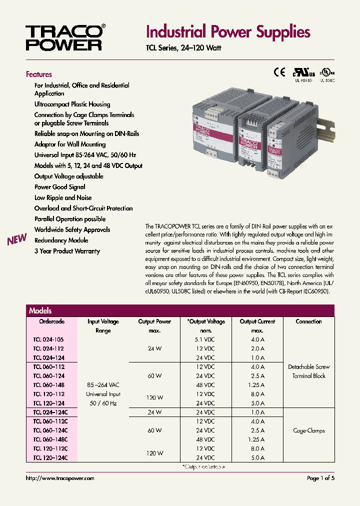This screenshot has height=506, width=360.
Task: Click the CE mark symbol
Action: (278, 71)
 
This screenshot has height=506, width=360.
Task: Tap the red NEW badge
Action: (17, 240)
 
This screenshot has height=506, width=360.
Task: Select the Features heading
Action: (39, 74)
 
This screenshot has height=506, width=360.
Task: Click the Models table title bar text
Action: (40, 310)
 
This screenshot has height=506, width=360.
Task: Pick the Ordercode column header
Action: (52, 321)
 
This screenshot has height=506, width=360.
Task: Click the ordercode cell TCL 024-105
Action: (48, 339)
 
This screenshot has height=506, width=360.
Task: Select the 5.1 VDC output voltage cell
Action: (205, 339)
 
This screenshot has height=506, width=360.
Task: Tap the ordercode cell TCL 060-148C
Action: (50, 439)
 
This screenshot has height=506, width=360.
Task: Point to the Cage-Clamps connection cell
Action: (308, 430)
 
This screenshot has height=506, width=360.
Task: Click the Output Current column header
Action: (257, 321)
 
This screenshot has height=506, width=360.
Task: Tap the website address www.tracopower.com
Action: (60, 478)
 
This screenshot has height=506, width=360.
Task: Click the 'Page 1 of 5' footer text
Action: (320, 478)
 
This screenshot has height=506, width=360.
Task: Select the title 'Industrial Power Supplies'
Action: (228, 32)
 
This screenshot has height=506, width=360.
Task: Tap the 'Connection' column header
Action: (308, 321)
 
